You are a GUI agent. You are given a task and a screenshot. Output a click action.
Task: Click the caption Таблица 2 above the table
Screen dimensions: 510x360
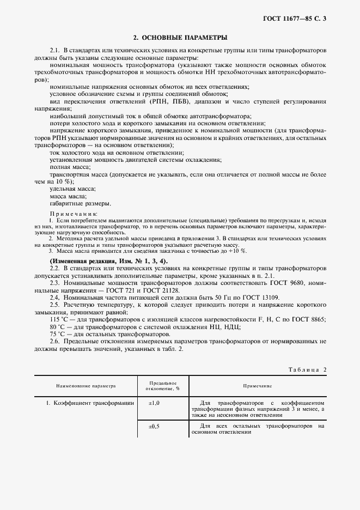click(x=306, y=369)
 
